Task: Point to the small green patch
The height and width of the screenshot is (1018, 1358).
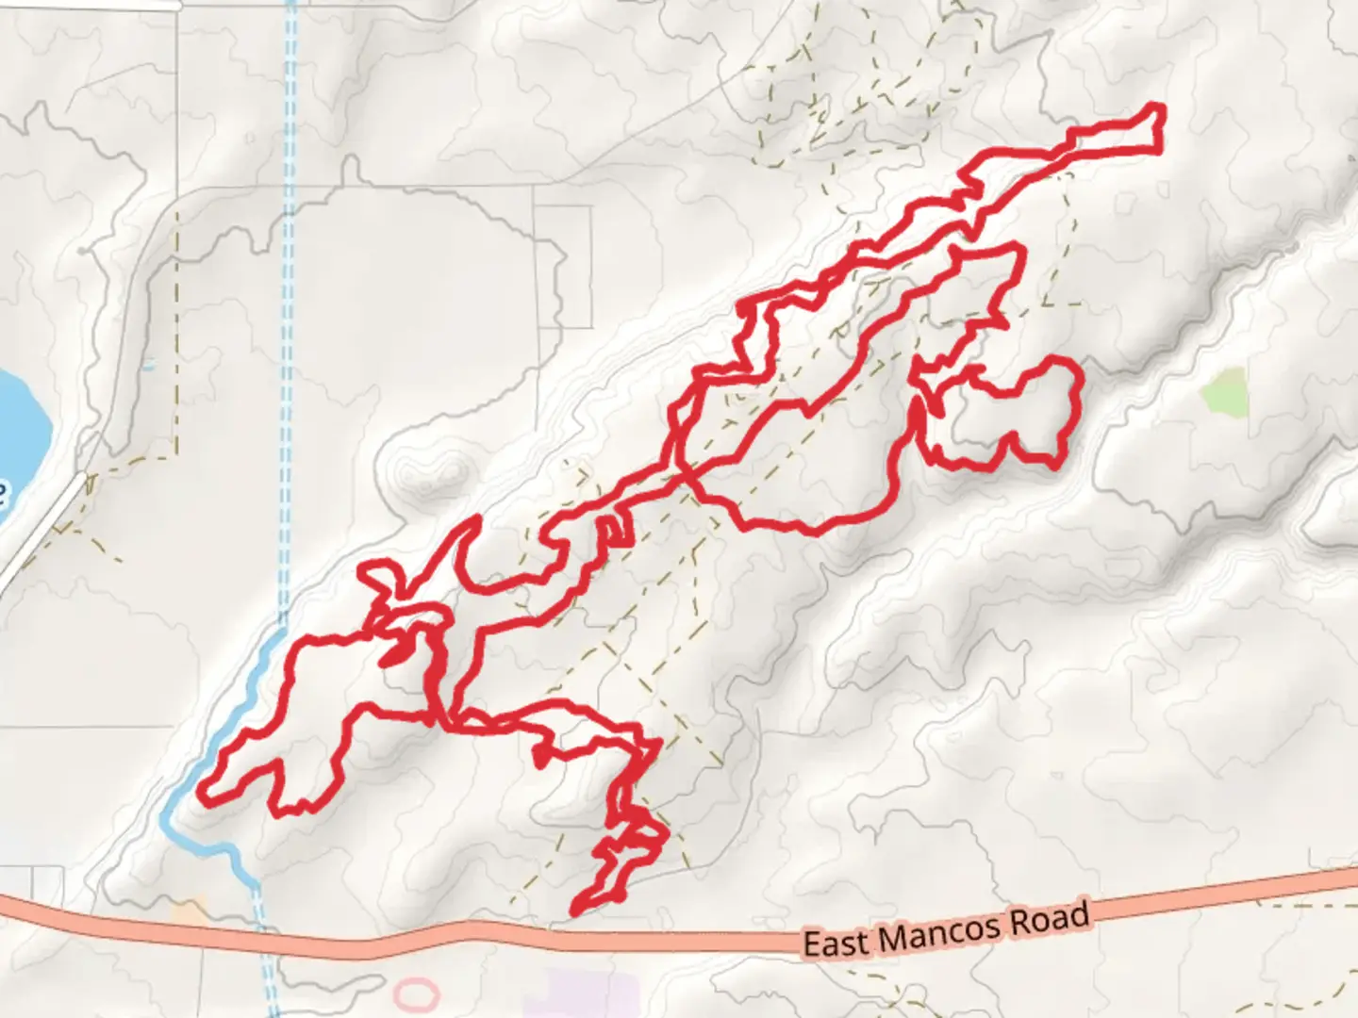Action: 1226,392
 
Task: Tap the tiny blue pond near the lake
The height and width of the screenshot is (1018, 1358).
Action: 149,363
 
